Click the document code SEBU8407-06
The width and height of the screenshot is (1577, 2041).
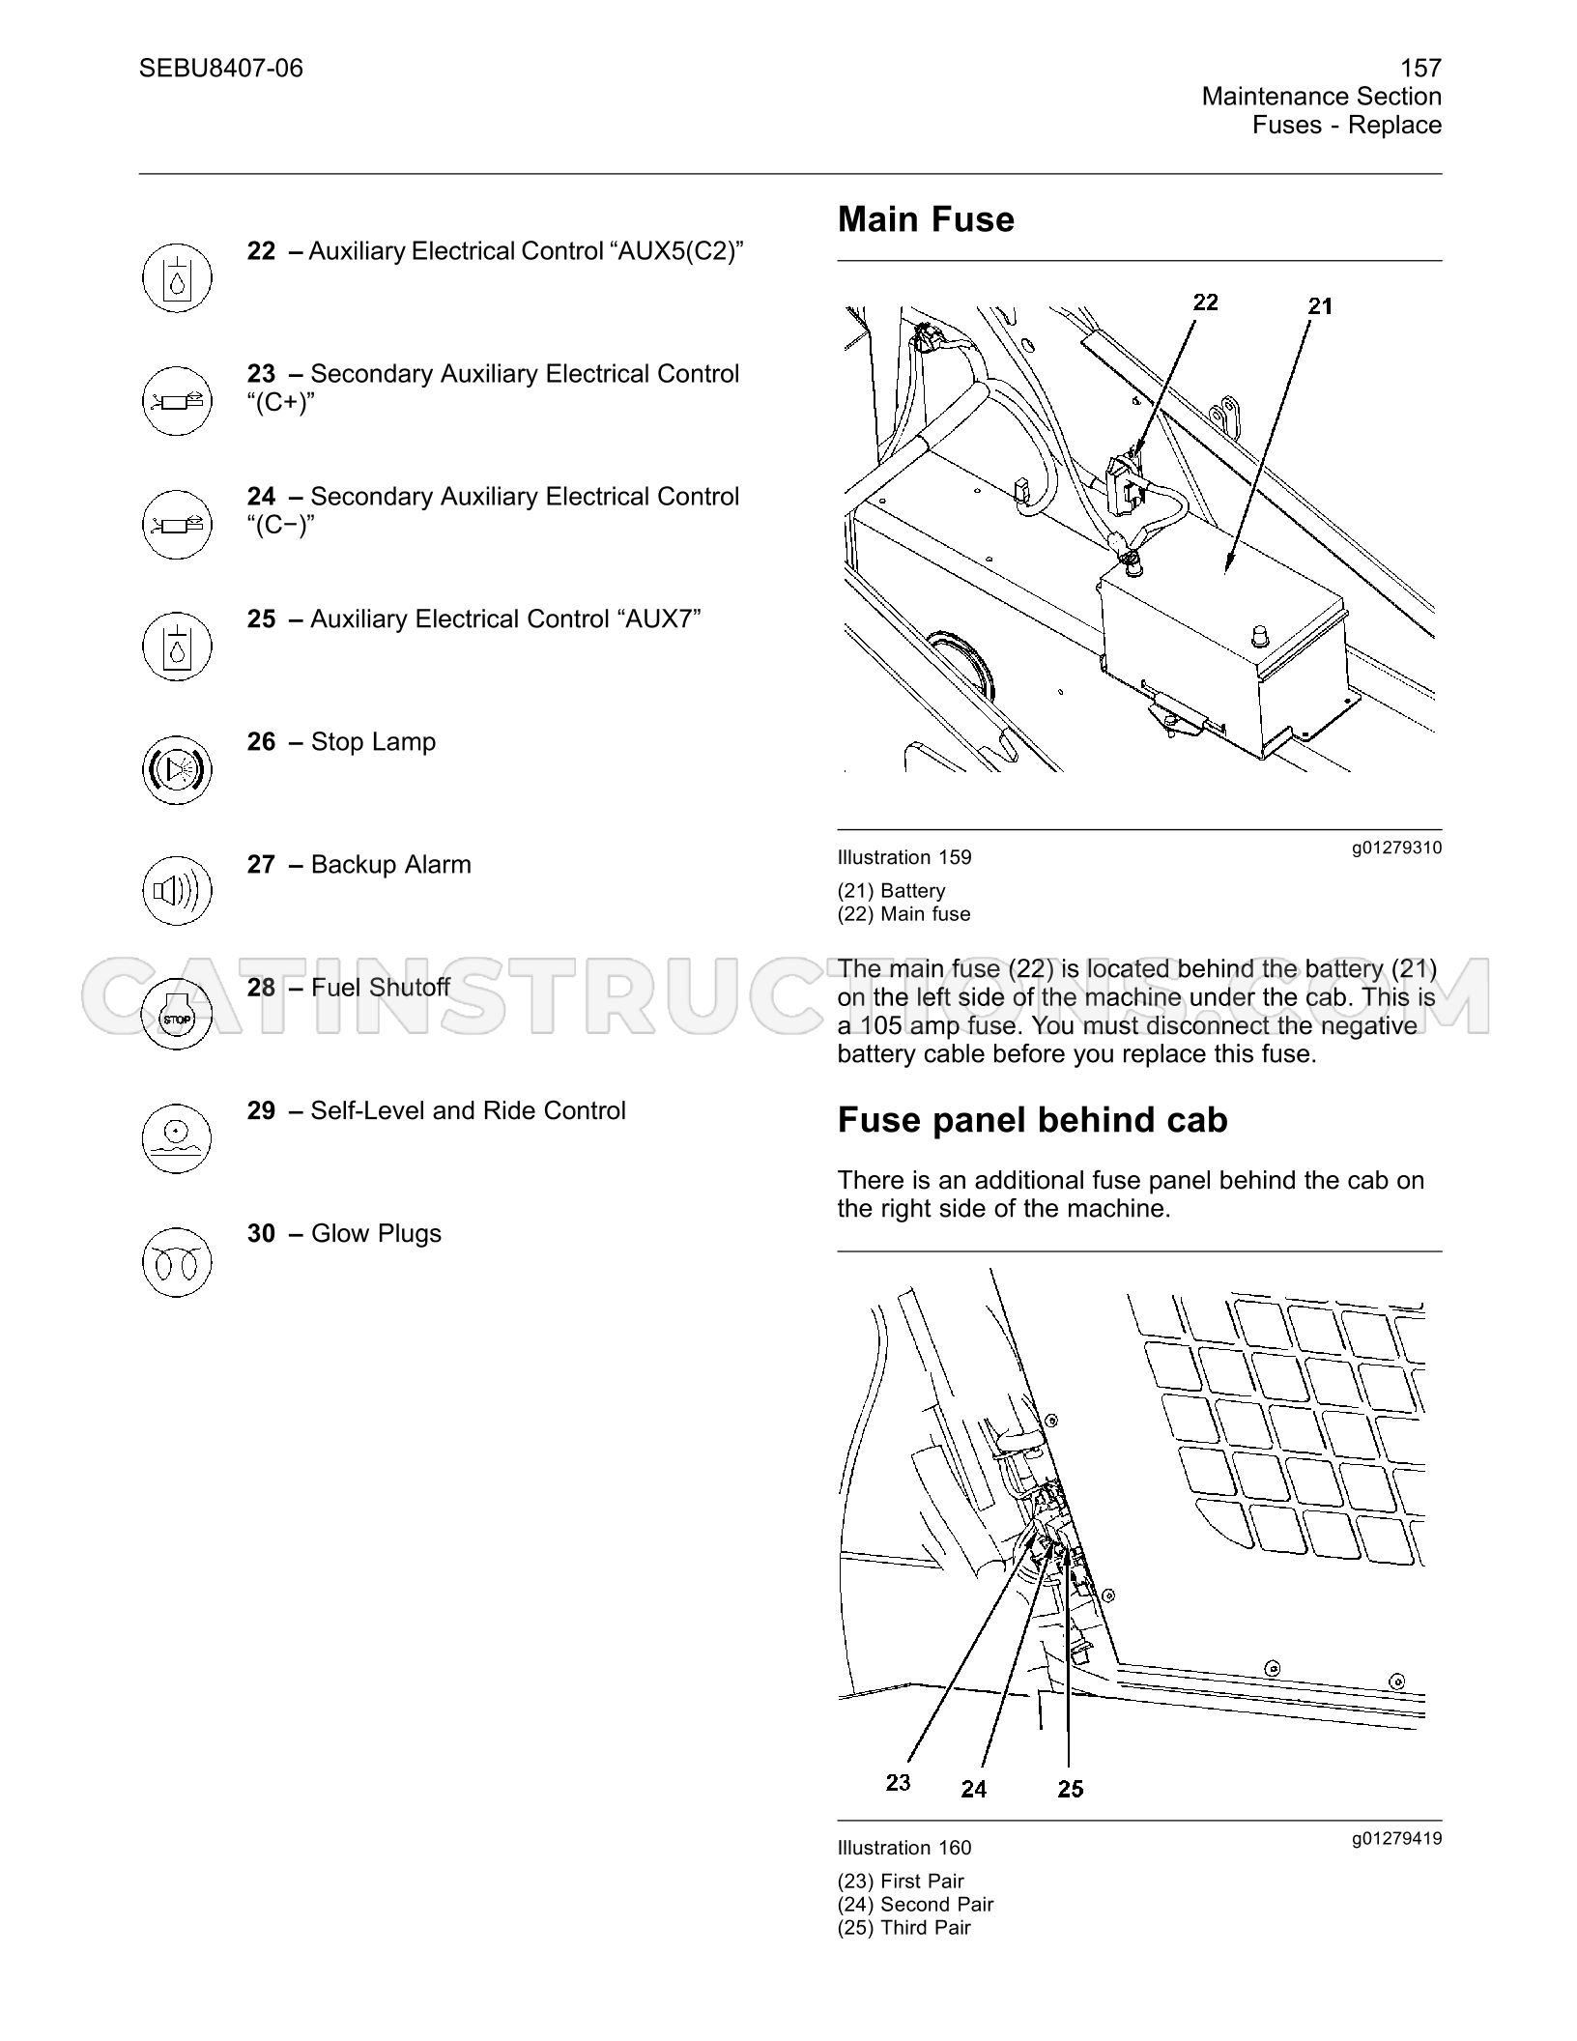click(x=220, y=68)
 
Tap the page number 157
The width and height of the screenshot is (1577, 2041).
click(x=1420, y=68)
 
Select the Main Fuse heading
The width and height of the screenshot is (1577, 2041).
click(x=926, y=219)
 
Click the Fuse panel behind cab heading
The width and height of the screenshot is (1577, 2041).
click(x=1032, y=1120)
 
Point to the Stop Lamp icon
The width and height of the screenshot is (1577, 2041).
click(x=176, y=769)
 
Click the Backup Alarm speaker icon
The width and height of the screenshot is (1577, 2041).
click(x=176, y=891)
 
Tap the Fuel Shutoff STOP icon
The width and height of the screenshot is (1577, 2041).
click(x=176, y=1015)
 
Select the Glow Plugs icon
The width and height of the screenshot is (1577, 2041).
click(x=176, y=1261)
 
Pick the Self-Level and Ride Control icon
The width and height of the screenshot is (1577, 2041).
click(x=176, y=1137)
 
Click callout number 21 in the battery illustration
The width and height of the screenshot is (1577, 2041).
click(x=1320, y=306)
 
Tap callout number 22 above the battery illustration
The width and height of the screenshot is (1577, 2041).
click(x=1205, y=302)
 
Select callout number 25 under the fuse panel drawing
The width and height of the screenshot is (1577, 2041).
click(x=1070, y=1789)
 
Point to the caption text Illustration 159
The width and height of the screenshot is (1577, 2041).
click(x=904, y=857)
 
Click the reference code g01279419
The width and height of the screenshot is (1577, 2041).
click(x=1396, y=1838)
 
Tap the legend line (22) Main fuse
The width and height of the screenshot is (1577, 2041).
click(x=903, y=914)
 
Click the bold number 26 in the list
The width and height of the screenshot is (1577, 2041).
click(x=261, y=742)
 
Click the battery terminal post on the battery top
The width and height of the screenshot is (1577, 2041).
click(x=1260, y=635)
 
